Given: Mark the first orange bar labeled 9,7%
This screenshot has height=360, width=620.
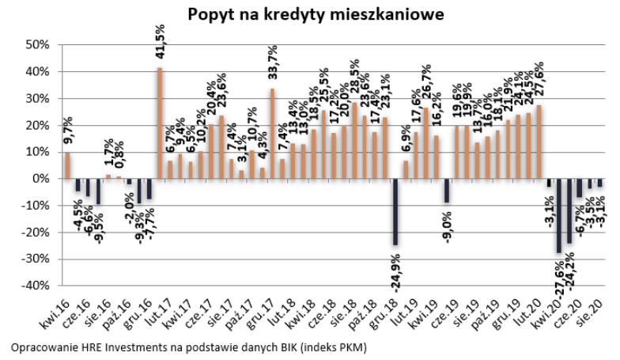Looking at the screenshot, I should point(67,165).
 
